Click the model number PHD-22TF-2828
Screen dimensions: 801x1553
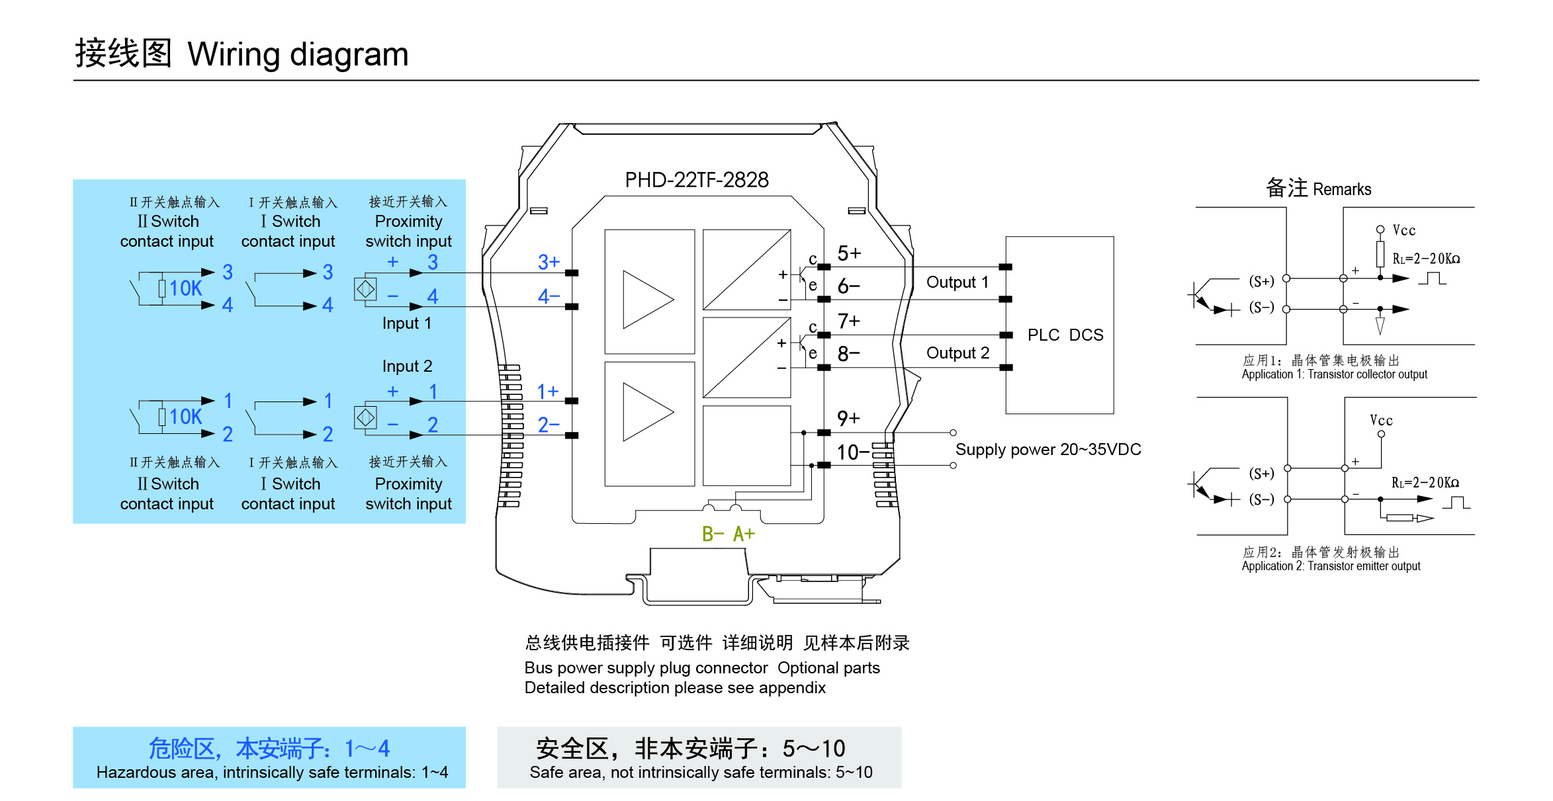696,180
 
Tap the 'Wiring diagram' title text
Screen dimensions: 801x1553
298,54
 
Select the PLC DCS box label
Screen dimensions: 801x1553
1065,335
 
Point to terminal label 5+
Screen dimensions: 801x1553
849,253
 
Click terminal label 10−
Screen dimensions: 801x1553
852,452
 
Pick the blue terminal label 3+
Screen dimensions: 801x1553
549,263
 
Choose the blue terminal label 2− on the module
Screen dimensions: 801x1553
549,425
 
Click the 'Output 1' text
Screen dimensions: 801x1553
957,282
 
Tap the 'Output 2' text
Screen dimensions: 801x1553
957,353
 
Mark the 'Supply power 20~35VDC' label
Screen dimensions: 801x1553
1048,450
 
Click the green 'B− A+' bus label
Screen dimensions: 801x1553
728,534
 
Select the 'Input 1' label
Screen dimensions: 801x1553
406,323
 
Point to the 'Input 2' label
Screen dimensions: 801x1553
406,366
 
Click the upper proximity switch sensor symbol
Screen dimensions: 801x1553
365,289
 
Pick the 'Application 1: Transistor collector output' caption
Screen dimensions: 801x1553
1334,374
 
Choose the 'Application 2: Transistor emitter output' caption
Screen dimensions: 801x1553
1331,566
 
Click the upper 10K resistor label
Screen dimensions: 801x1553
185,288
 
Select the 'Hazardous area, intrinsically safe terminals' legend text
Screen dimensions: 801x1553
272,773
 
